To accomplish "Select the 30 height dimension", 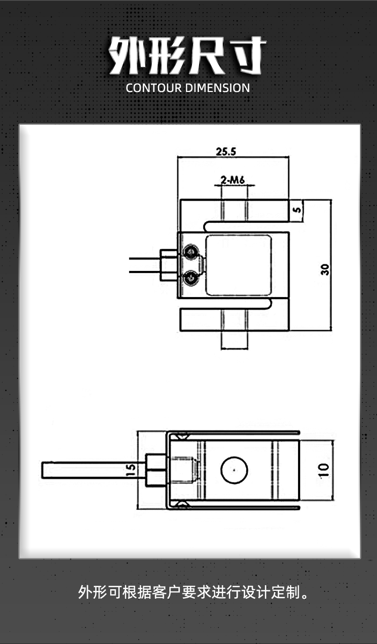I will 326,269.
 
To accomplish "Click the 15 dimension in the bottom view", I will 130,470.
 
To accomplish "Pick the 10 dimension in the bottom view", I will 324,470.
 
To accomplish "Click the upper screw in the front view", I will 191,251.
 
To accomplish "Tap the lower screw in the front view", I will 191,277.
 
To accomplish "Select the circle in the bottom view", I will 234,470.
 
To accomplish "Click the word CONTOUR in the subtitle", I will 153,88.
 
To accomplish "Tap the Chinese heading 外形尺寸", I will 188,56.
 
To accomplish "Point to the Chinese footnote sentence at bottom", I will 194,592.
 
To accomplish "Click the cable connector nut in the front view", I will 166,264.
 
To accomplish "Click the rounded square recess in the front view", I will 238,264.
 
